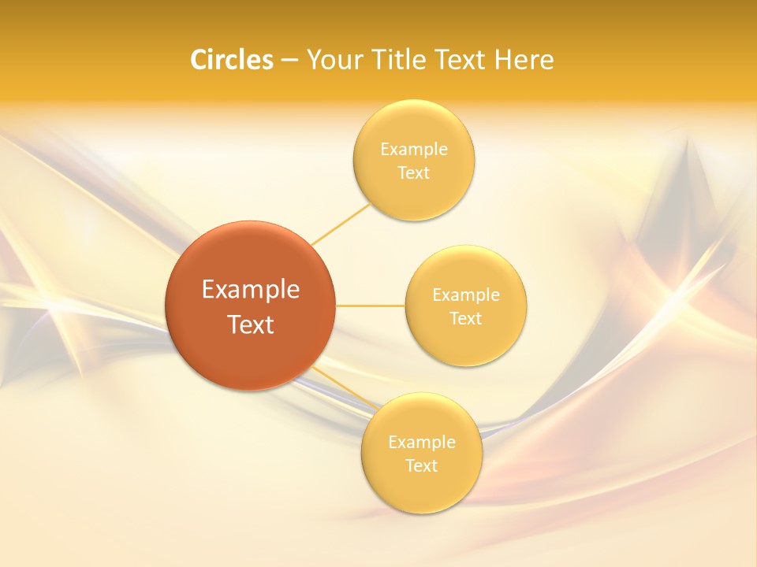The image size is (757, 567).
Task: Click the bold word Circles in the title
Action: (232, 60)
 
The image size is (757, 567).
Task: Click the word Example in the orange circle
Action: (250, 290)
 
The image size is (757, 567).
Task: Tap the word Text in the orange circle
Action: (250, 324)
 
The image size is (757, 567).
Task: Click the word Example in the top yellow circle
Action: (414, 150)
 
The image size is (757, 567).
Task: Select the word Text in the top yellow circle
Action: (414, 173)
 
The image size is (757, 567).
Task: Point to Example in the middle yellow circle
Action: (466, 295)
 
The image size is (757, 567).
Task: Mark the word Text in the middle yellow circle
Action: (466, 319)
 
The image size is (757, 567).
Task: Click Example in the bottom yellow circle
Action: (422, 443)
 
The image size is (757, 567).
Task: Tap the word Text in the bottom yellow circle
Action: (422, 466)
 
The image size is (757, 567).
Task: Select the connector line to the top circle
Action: (341, 224)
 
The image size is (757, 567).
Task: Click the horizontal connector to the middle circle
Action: (371, 306)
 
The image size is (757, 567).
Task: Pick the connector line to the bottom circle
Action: (345, 389)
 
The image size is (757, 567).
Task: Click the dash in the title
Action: (289, 60)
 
